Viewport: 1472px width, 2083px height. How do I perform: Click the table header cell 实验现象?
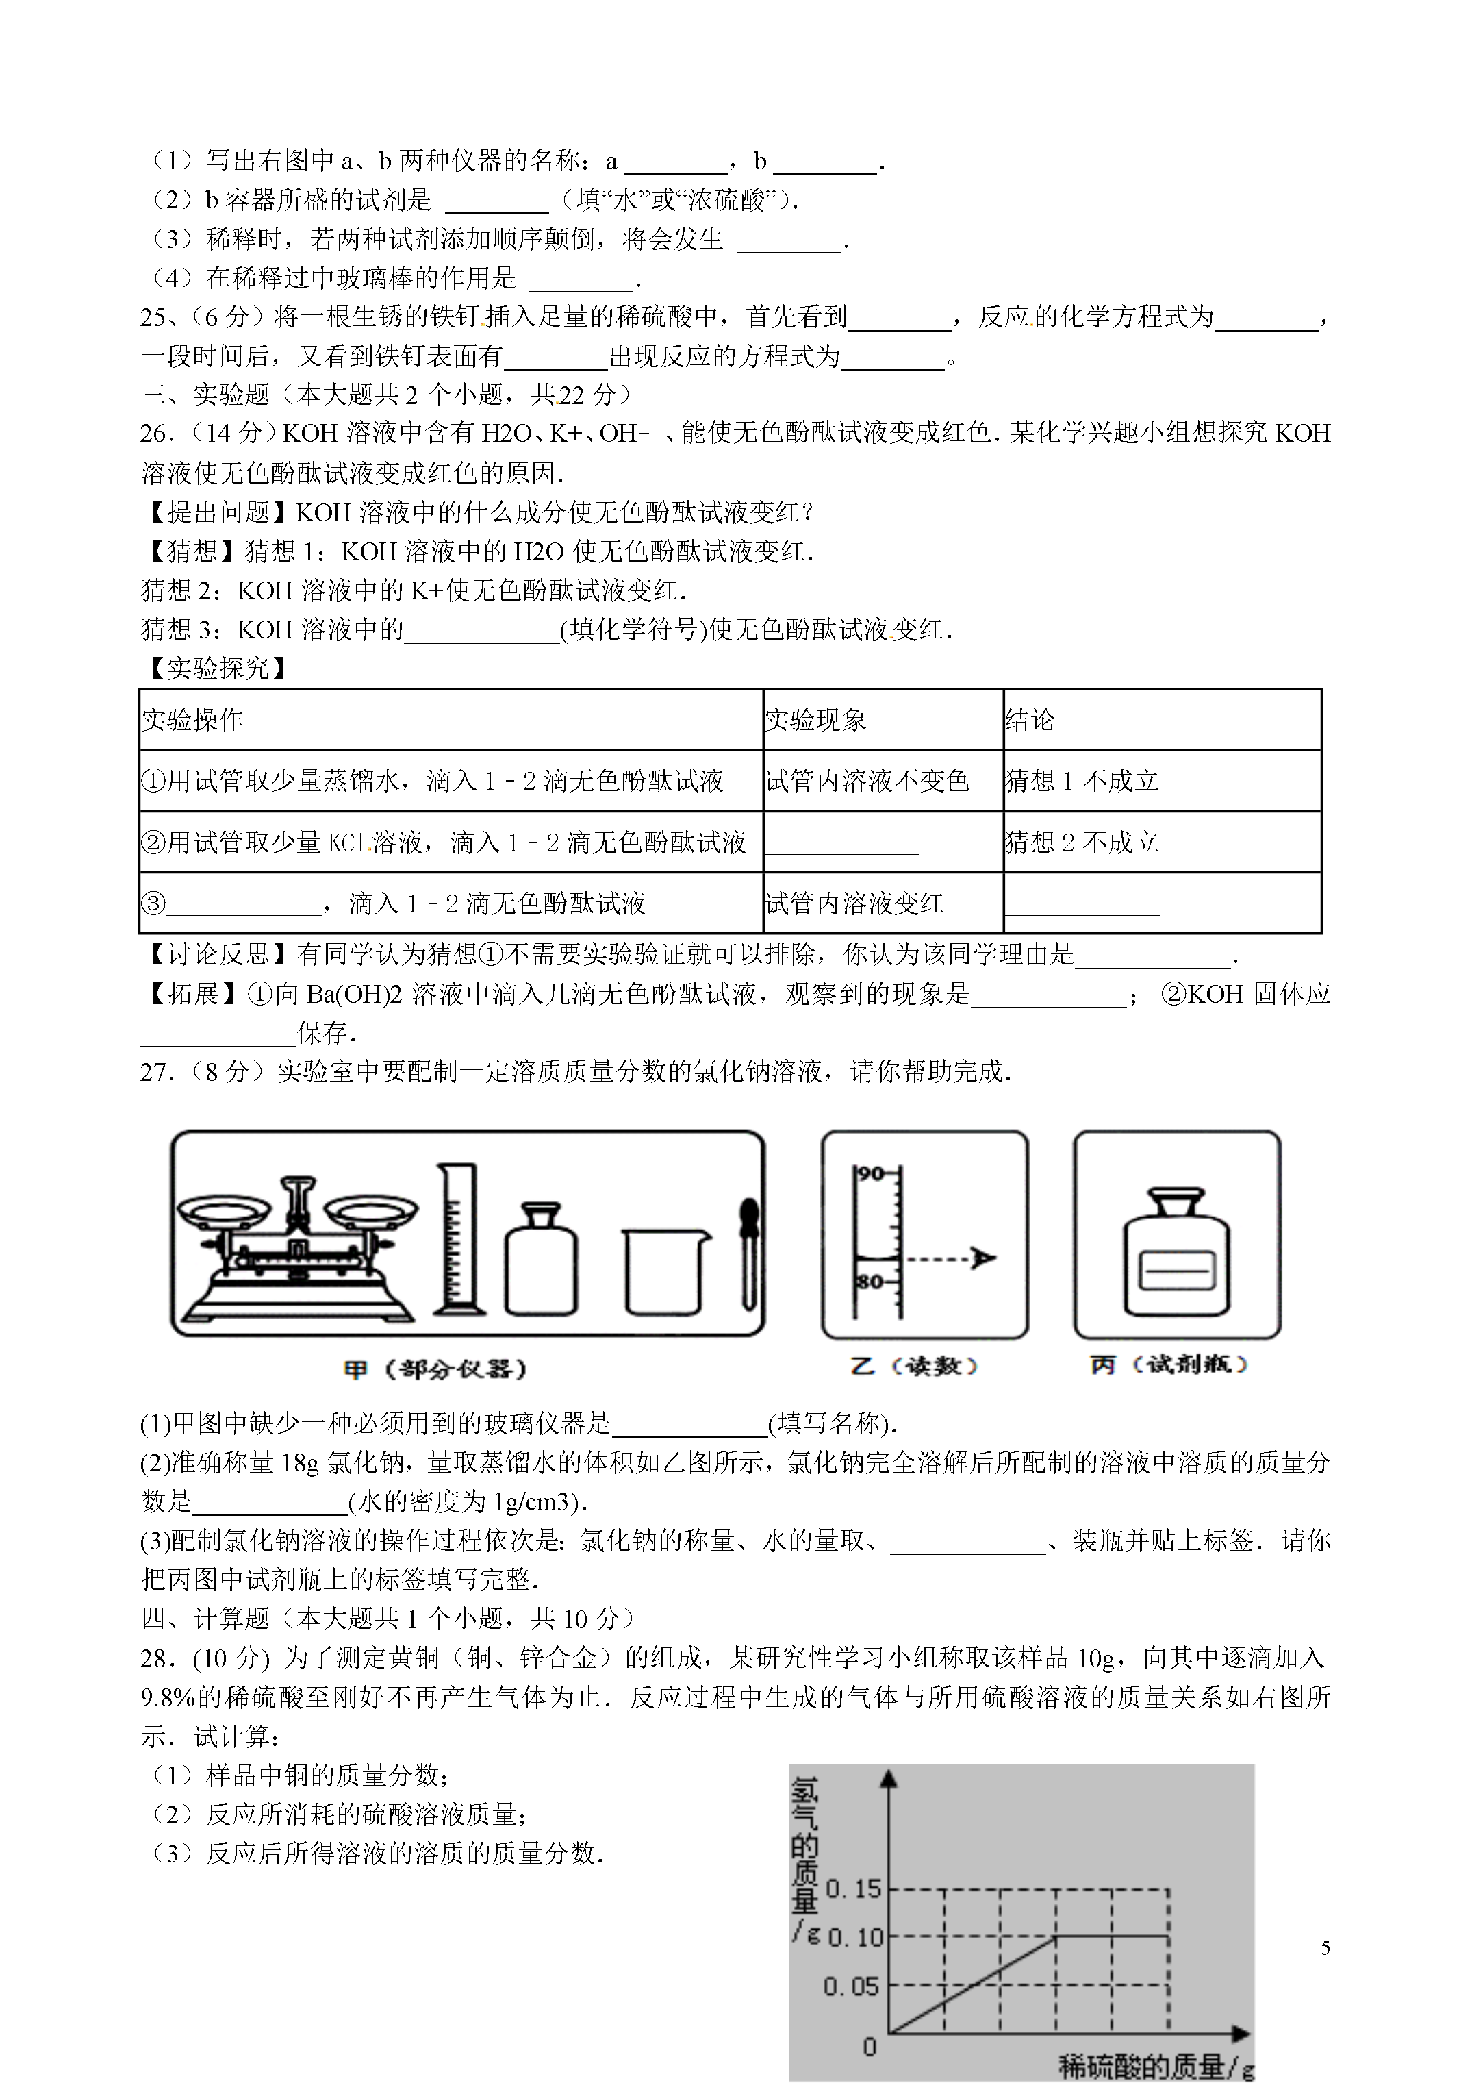coord(815,721)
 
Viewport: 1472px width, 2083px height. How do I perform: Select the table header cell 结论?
coord(1030,721)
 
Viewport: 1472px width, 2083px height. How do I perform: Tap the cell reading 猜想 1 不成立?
coord(1082,781)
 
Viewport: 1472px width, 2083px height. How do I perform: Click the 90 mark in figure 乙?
coord(871,1174)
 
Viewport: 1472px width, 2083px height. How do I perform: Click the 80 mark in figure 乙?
coord(871,1282)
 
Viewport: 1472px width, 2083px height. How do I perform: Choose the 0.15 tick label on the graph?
coord(854,1890)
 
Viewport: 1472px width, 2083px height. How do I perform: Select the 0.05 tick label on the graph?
coord(851,1987)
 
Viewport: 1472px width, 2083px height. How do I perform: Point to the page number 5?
coord(1325,1948)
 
